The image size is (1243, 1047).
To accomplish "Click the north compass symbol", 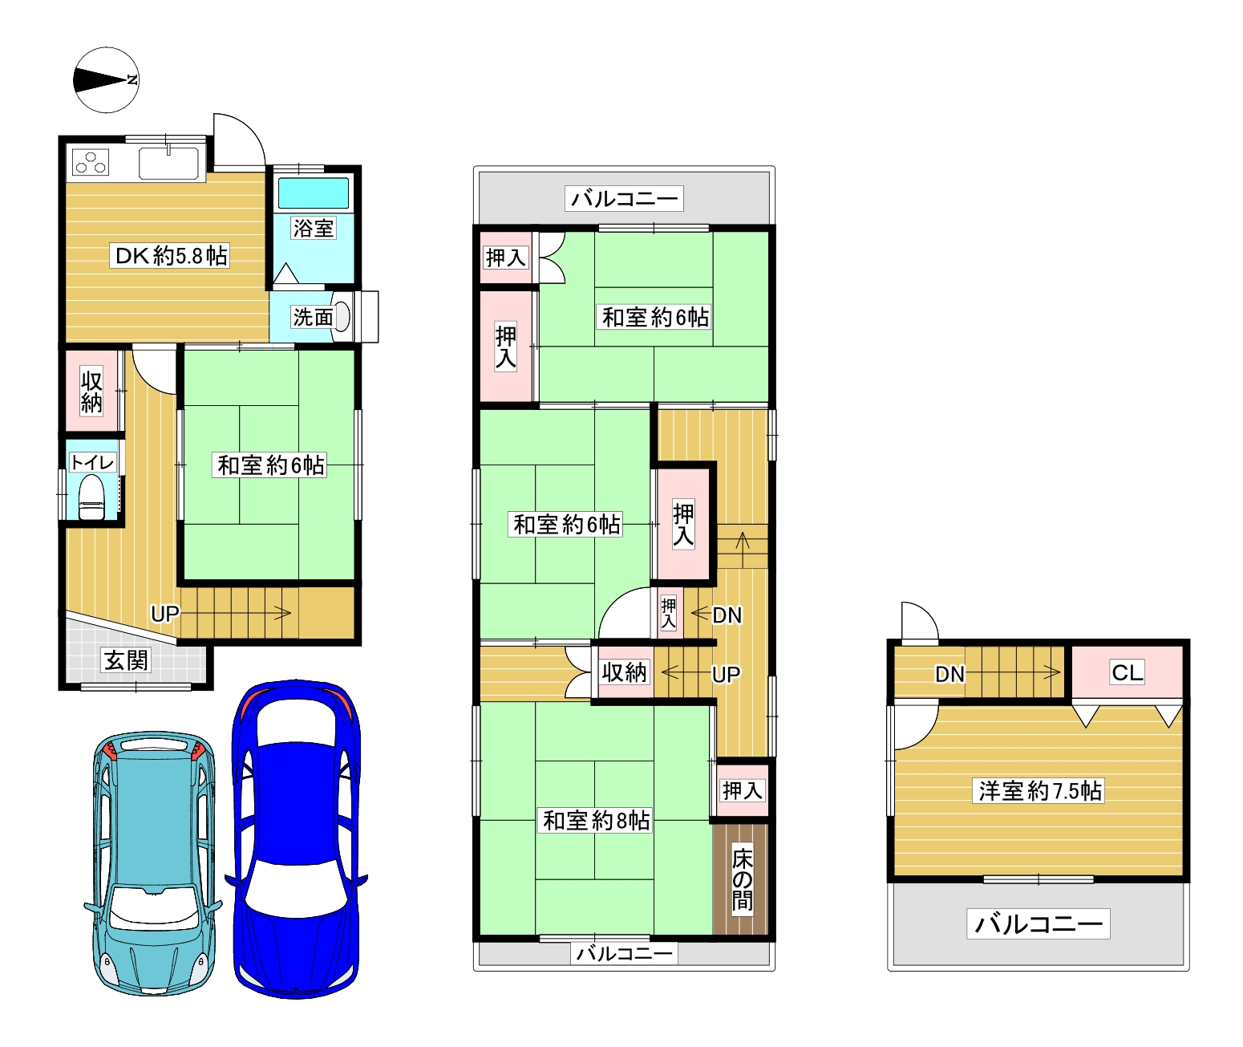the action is point(106,79).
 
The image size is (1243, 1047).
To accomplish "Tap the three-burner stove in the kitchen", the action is point(91,162).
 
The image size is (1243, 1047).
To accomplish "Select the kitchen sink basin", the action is point(168,163).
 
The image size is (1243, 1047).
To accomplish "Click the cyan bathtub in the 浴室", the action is point(313,193).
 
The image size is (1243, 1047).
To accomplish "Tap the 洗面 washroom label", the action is point(313,317).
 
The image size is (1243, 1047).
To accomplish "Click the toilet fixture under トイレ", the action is point(91,497).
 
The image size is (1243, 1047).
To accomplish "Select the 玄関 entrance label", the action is point(126,659).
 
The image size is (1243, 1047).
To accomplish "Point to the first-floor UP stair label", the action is point(165,614).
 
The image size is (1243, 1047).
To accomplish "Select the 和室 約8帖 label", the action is point(596,821).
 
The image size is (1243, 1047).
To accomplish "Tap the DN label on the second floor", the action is point(727,615).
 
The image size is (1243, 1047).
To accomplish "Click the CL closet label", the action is point(1128,672).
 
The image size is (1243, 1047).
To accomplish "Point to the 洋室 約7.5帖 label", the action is point(1039,791).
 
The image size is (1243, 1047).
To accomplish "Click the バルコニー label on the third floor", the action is point(1039,923).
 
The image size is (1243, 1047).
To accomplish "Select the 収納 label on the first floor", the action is point(91,392).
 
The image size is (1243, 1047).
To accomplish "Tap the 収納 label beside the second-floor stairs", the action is point(623,672).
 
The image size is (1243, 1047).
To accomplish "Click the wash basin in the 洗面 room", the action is point(342,317).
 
